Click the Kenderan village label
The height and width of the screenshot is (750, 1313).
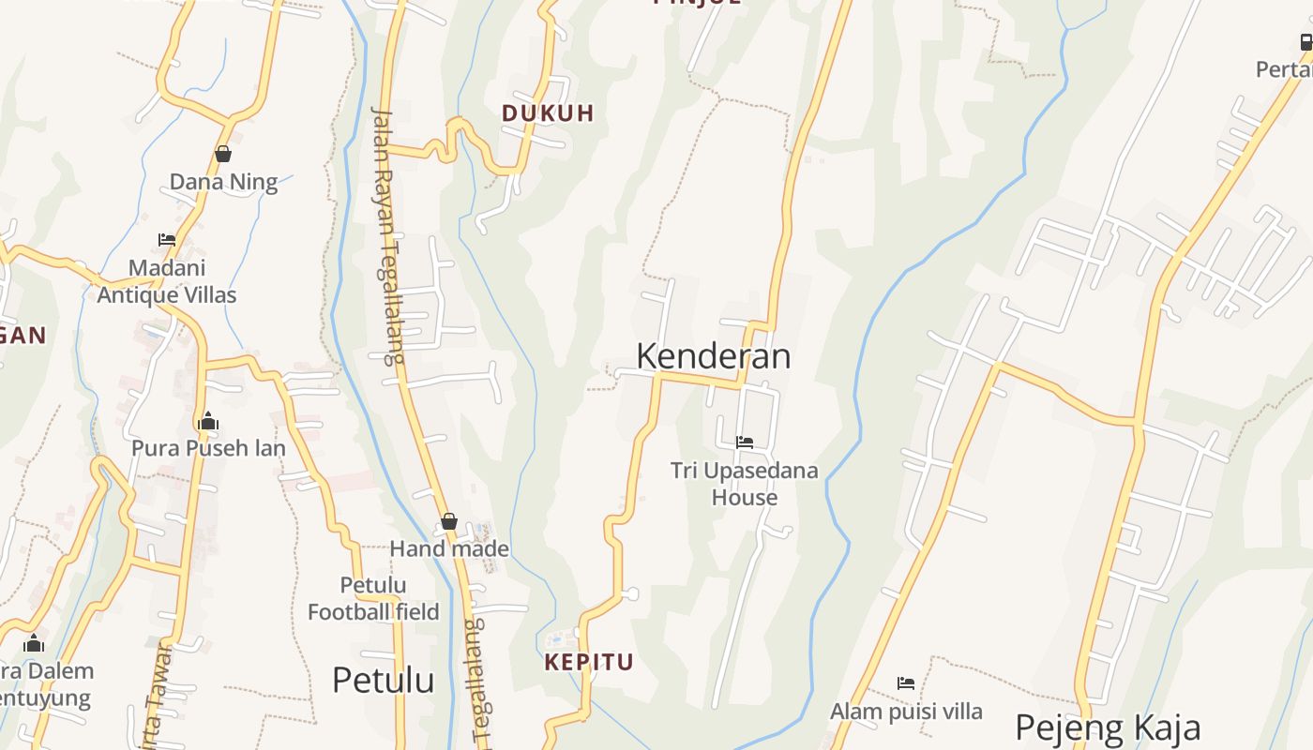click(x=713, y=356)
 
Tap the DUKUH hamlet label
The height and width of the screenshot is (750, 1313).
click(x=548, y=113)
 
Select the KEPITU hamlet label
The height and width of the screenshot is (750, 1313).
click(x=589, y=662)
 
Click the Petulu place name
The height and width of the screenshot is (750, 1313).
click(x=383, y=680)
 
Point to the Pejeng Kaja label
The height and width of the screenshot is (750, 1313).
click(x=1107, y=727)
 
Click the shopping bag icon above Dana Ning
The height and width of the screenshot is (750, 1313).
click(x=223, y=154)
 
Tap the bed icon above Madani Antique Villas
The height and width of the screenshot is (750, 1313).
click(x=167, y=240)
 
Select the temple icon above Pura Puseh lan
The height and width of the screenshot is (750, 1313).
click(x=208, y=421)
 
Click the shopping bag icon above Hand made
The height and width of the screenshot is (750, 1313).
click(x=449, y=521)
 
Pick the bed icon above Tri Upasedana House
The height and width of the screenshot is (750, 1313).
click(x=745, y=442)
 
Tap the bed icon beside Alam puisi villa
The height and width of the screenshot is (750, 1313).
click(x=906, y=683)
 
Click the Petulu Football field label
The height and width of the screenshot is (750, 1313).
click(x=373, y=599)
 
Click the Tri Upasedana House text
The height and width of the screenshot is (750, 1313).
click(x=745, y=484)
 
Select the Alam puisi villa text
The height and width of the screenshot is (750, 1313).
click(x=906, y=712)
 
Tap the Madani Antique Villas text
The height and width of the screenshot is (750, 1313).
click(x=167, y=281)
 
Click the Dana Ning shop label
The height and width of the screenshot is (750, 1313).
click(x=223, y=182)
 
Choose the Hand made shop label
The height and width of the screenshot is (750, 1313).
click(x=449, y=549)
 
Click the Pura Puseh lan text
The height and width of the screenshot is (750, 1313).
click(x=208, y=448)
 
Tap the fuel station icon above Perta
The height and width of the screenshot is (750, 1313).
click(x=1305, y=42)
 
